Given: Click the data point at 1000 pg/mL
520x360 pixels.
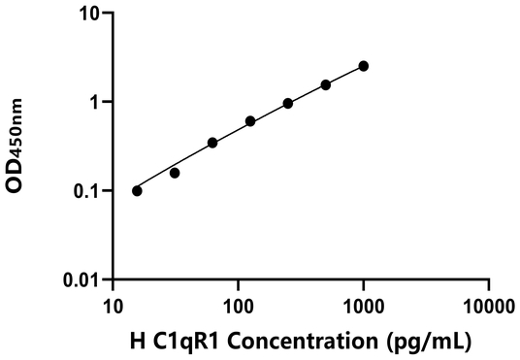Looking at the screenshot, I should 364,66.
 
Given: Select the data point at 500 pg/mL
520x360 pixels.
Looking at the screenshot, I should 326,85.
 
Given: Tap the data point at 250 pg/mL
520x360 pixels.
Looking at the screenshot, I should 288,103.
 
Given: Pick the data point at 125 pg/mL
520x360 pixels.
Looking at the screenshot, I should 250,121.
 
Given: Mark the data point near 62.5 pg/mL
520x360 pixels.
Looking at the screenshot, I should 212,143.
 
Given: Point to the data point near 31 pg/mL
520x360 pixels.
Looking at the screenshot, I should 175,173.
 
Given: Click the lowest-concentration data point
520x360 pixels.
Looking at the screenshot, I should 137,190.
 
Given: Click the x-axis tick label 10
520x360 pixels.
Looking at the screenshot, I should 113,307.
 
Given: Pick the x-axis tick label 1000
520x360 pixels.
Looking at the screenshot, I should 363,307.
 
